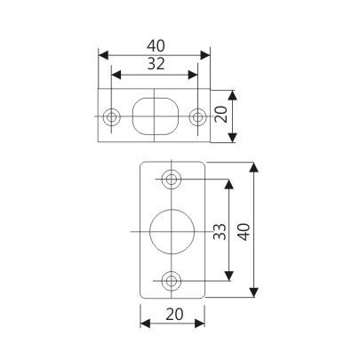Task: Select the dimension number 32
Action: (154, 64)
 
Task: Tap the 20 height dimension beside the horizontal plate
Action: (222, 115)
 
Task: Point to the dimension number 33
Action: (219, 232)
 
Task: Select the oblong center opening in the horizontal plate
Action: (154, 115)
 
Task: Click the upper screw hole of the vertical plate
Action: (172, 179)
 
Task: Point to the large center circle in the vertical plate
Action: (171, 231)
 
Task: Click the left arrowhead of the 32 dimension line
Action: (115, 76)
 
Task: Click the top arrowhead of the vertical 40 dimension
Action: (255, 166)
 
